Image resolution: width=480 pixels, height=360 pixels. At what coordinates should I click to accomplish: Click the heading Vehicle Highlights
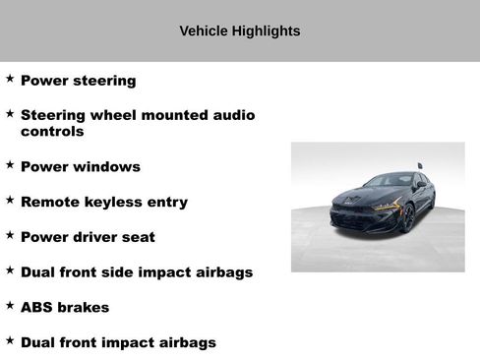(x=239, y=31)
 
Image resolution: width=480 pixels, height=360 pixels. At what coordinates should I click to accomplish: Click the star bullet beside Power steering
(x=10, y=78)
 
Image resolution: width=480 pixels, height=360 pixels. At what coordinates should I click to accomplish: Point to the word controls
(x=52, y=131)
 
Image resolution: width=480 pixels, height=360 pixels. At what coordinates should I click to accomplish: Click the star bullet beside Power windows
(x=10, y=164)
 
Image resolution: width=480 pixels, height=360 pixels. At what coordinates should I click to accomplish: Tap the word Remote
(x=48, y=202)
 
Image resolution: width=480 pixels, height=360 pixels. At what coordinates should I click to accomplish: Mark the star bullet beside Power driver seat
(x=10, y=235)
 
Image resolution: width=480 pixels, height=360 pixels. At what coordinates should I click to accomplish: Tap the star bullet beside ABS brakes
(x=10, y=305)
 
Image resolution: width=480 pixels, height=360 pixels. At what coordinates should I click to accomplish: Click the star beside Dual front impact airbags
(x=10, y=340)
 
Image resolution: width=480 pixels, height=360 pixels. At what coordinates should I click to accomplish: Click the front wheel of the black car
(x=407, y=217)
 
